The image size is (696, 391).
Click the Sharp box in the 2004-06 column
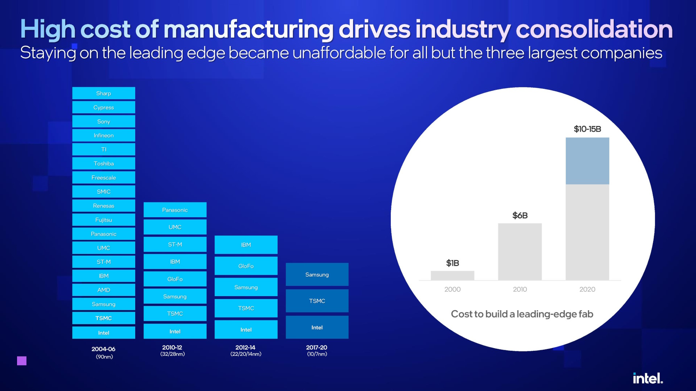point(104,93)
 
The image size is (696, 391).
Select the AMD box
point(104,290)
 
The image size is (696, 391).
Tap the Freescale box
point(104,177)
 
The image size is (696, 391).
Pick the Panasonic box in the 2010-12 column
point(175,210)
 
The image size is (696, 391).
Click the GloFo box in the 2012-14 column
point(246,266)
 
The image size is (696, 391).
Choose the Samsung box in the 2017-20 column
point(317,274)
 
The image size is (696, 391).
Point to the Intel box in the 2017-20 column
point(317,327)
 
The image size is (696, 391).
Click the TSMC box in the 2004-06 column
point(104,318)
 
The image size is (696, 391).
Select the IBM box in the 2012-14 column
point(246,245)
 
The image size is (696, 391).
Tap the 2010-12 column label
point(172,348)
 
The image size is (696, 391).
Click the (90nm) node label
point(104,357)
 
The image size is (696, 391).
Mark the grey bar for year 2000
point(452,276)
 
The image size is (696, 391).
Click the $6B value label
point(520,215)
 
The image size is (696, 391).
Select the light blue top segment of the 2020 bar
point(587,161)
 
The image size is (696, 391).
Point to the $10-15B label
point(587,129)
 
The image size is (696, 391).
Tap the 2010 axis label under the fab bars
point(520,289)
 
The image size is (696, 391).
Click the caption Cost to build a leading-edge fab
point(522,314)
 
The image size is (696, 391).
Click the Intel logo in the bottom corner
point(648,378)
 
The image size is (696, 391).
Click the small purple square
point(22,361)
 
